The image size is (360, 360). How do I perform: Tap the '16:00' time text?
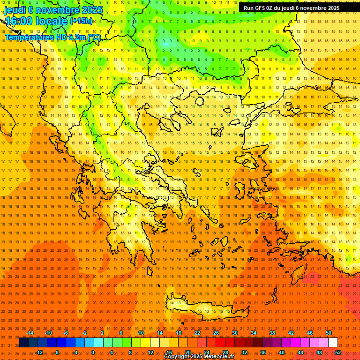coord(19,21)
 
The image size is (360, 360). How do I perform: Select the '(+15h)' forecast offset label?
coord(81,21)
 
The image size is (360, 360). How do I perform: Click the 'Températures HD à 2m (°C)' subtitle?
coord(52,37)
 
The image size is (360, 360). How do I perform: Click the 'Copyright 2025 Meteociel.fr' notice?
coord(199,357)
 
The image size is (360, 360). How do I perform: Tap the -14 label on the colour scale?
coord(30,333)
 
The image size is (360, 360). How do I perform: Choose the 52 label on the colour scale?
coord(338,352)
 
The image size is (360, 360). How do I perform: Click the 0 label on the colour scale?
coord(93,352)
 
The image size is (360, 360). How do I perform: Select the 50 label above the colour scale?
coord(329,333)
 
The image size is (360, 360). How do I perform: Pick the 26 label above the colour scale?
coord(216,333)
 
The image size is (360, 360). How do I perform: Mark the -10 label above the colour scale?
coord(48,333)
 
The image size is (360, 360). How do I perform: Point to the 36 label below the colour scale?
coord(263,352)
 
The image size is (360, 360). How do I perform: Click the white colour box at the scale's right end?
coord(333,343)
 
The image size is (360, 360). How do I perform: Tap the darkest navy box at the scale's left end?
coord(23,343)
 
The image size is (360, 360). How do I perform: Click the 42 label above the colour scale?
coord(291,333)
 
